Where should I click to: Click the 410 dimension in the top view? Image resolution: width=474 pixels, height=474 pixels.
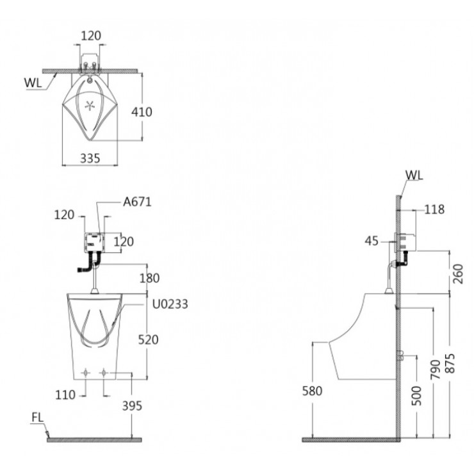click(x=142, y=112)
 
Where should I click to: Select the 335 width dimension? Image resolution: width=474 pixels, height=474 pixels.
click(x=90, y=158)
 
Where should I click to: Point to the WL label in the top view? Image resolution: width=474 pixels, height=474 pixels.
click(x=33, y=83)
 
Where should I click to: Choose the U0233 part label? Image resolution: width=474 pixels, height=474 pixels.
click(x=169, y=304)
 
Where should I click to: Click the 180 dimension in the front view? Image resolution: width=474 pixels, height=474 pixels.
click(x=149, y=278)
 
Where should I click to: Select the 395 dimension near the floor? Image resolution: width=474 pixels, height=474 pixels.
click(x=133, y=405)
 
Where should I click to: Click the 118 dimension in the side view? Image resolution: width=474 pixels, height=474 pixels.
click(x=433, y=209)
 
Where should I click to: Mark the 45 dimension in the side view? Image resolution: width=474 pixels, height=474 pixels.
click(x=372, y=241)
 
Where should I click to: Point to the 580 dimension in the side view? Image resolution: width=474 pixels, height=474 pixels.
click(x=313, y=390)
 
